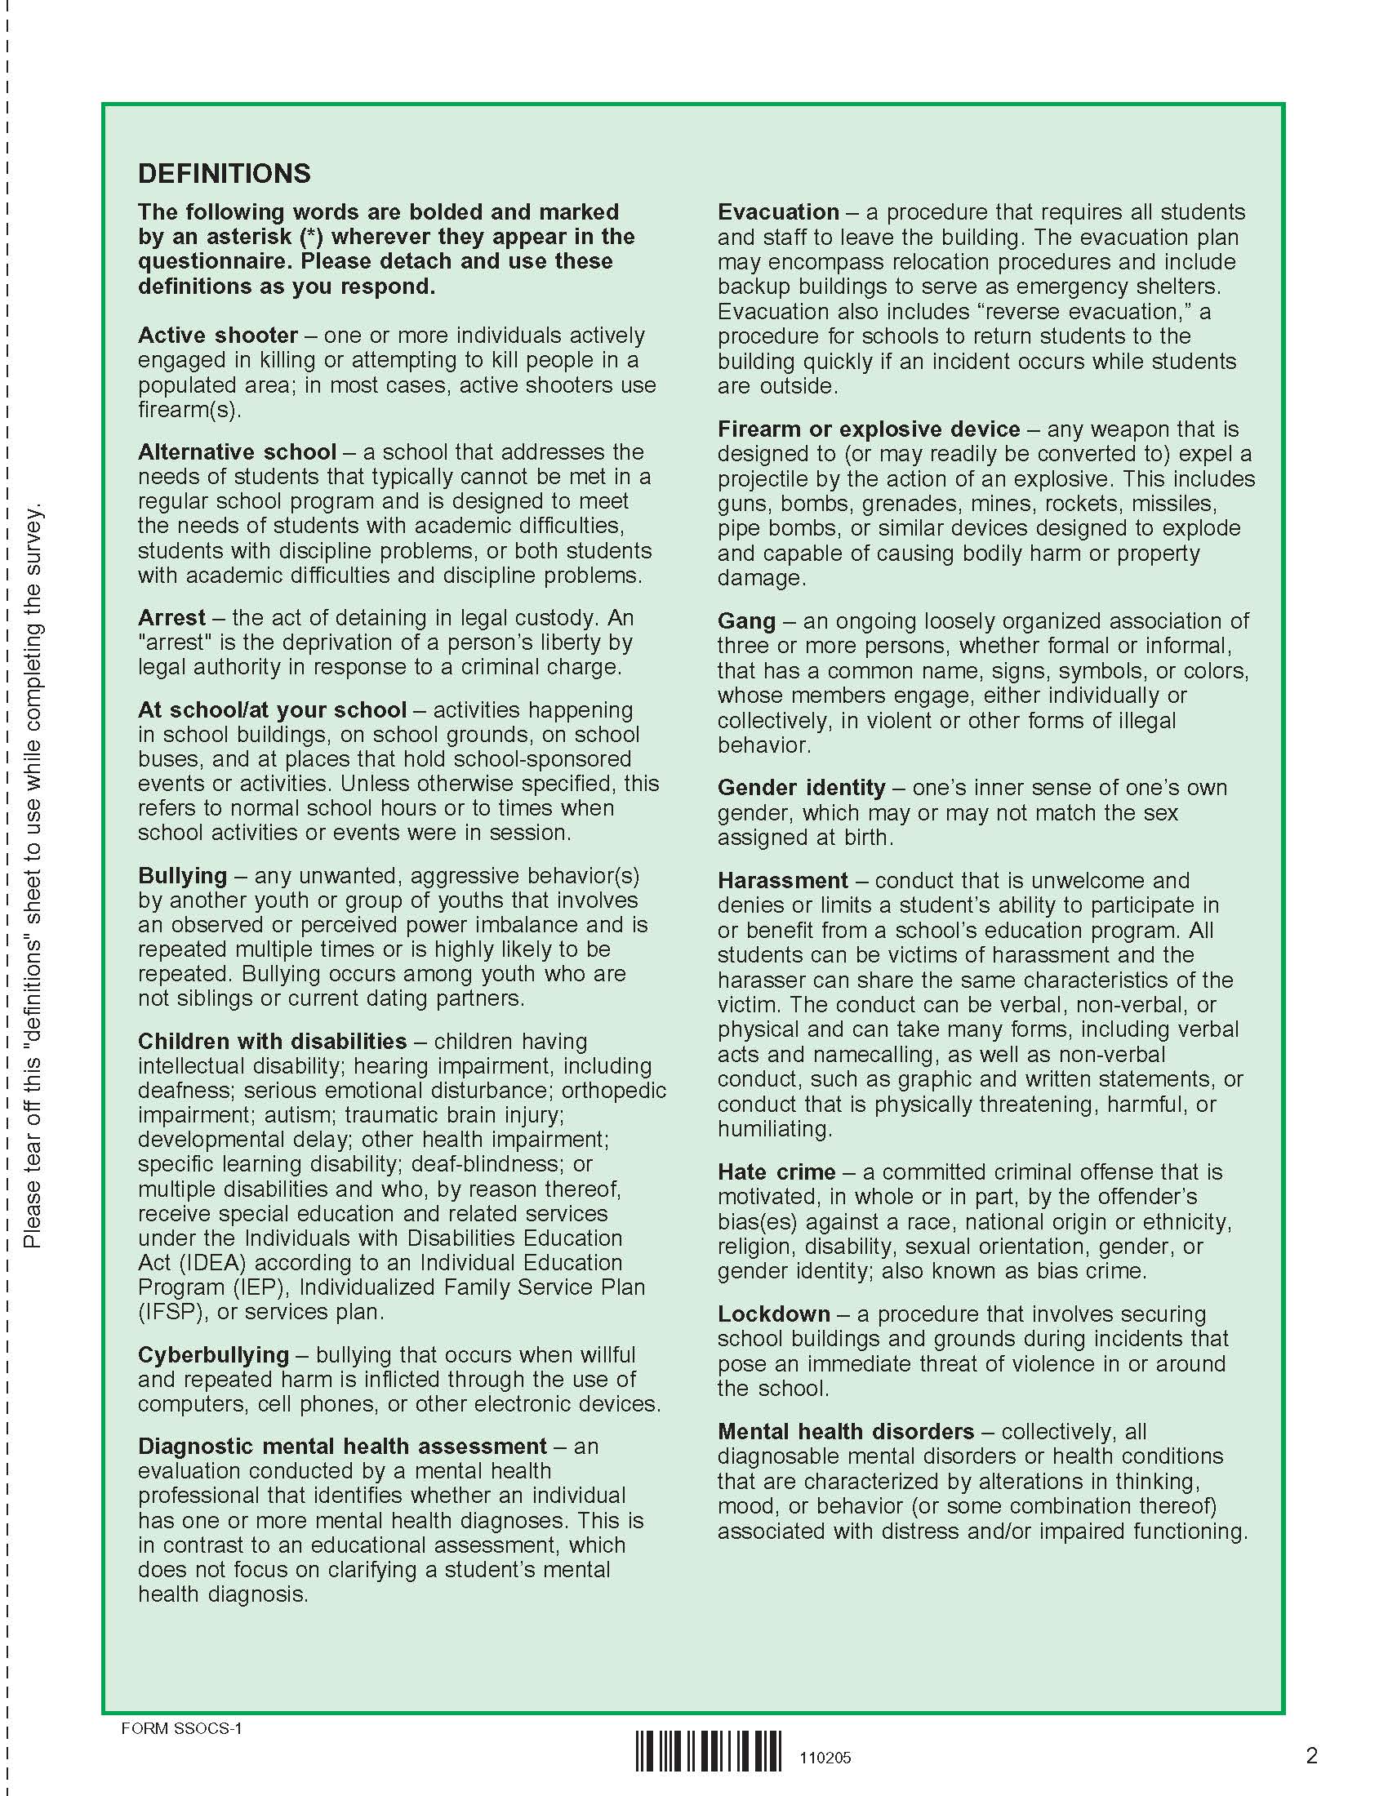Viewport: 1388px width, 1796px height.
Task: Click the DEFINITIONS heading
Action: [x=225, y=174]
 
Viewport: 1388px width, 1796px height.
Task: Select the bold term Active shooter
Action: [x=218, y=336]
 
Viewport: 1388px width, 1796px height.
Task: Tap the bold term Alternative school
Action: [x=237, y=452]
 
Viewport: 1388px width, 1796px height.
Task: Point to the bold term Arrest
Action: [x=171, y=618]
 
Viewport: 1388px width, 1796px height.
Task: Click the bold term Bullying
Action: [x=183, y=876]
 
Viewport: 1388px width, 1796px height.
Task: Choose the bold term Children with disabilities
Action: [x=272, y=1041]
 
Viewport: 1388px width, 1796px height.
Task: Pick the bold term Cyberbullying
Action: [x=214, y=1354]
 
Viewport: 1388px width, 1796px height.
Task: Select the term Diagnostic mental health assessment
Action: [x=342, y=1446]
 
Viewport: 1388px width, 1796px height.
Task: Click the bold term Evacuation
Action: [x=778, y=212]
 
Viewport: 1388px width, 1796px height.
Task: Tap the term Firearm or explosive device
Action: [x=869, y=429]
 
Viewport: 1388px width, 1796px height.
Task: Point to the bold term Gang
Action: [x=746, y=621]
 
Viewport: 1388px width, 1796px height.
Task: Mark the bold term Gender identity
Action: [x=801, y=788]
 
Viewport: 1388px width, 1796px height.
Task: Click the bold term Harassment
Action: [x=782, y=881]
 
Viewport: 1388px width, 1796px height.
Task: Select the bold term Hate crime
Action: [x=776, y=1171]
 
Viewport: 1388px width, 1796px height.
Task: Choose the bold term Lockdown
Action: [x=774, y=1314]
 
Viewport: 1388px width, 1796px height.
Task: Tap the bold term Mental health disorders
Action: [x=845, y=1432]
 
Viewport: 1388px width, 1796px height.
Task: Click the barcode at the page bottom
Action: [x=709, y=1751]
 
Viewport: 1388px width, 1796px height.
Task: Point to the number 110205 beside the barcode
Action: [x=825, y=1758]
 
